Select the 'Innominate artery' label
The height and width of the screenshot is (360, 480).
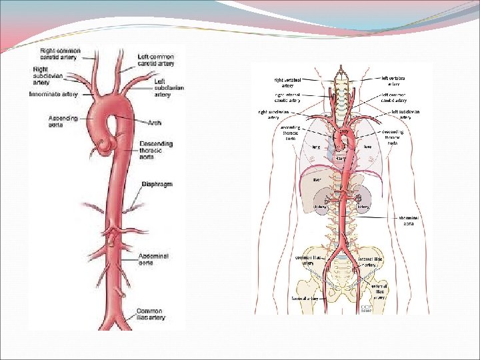click(53, 95)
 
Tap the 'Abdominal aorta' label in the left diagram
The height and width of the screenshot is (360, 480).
click(154, 259)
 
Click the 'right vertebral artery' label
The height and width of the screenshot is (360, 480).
click(287, 82)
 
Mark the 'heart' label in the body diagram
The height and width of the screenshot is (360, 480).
click(340, 159)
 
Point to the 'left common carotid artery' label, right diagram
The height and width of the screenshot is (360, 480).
click(395, 98)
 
